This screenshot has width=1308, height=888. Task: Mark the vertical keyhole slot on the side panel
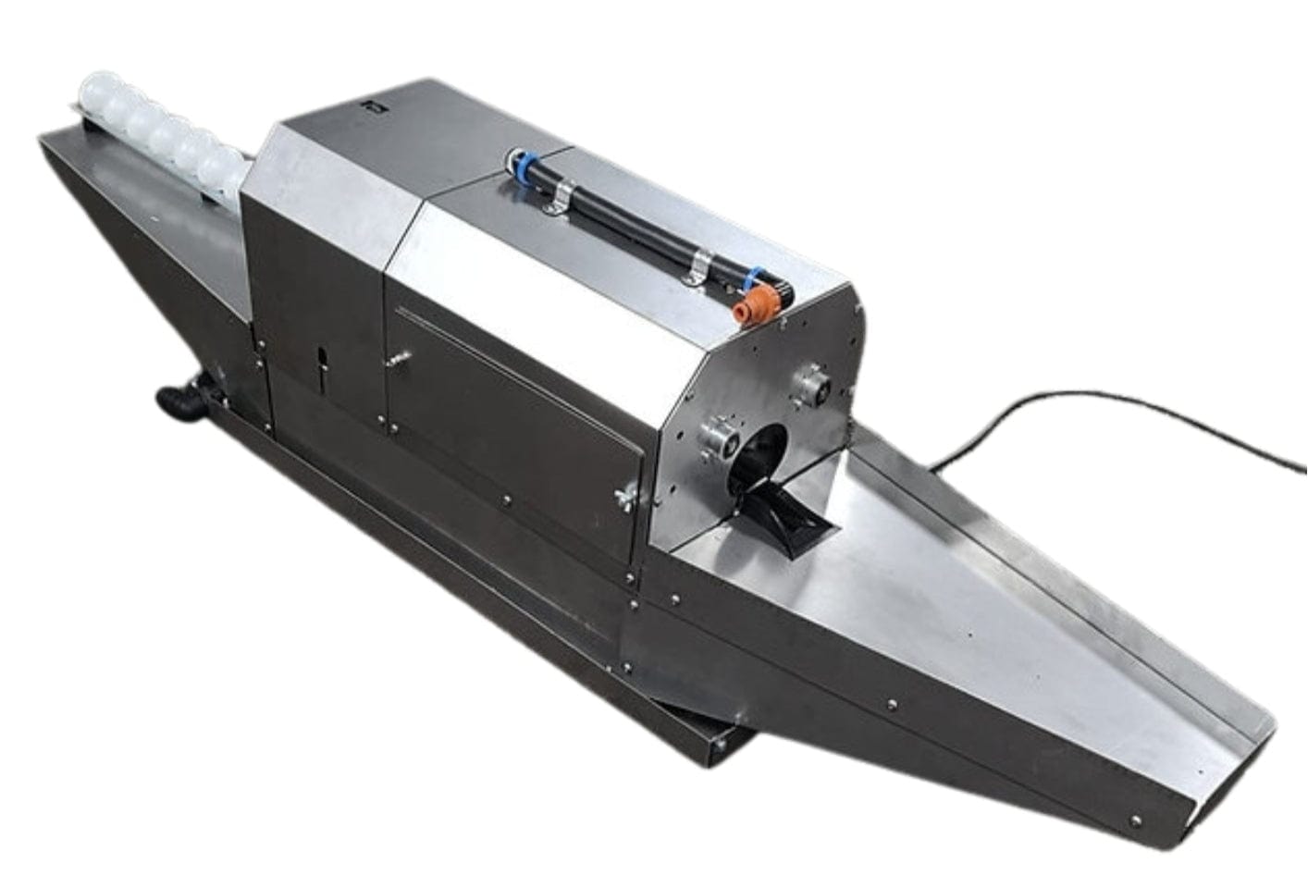321,363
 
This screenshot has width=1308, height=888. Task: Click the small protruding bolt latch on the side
400,356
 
